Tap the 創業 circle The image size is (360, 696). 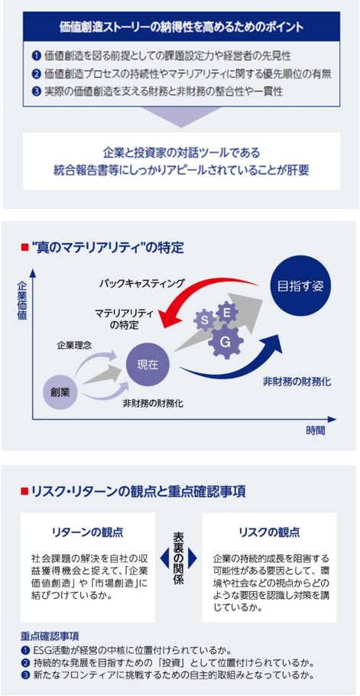coord(58,391)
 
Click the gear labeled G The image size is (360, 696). coord(225,342)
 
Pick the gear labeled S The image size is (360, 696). coord(205,319)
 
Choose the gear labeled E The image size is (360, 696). coord(226,313)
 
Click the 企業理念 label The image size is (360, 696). coord(73,345)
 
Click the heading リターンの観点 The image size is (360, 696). coord(87,532)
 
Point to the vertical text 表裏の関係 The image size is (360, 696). coord(178,558)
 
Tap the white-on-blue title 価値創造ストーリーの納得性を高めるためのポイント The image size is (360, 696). coord(181,27)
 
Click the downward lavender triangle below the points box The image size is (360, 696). coord(181,117)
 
